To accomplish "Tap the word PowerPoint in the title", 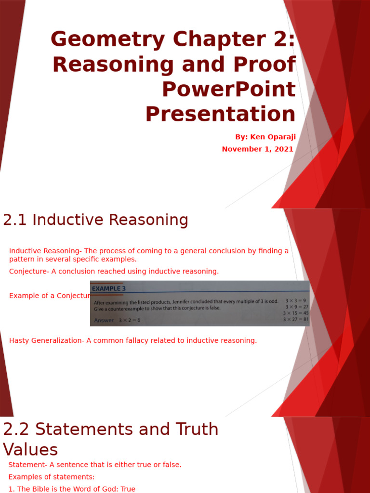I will point(228,90).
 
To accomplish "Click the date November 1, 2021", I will point(257,149).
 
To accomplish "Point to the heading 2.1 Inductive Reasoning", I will point(95,220).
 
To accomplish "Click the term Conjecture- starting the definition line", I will point(29,271).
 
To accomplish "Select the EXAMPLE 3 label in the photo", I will point(109,289).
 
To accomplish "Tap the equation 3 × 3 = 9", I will point(296,300).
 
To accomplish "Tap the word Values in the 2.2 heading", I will point(30,450).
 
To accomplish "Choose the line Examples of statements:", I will point(52,477).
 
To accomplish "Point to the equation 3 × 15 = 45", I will point(295,312).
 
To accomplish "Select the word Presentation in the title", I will point(220,115).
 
